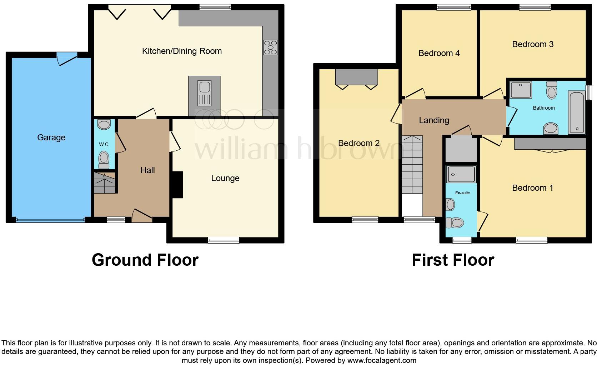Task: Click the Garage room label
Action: click(x=51, y=137)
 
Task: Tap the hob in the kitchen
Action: click(x=270, y=47)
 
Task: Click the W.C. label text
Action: click(x=104, y=144)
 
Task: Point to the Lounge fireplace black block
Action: click(x=177, y=185)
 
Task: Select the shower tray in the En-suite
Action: click(x=461, y=174)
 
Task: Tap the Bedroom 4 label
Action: click(x=439, y=53)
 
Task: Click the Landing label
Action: click(x=434, y=120)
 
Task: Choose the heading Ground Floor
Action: click(x=145, y=260)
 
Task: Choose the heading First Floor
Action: click(x=453, y=260)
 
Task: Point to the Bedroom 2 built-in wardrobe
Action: click(x=356, y=77)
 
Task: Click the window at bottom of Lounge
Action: click(x=224, y=240)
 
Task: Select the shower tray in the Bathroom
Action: click(x=521, y=90)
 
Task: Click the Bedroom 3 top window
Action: click(x=535, y=7)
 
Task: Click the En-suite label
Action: click(x=462, y=193)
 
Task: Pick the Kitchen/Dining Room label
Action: click(x=182, y=51)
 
